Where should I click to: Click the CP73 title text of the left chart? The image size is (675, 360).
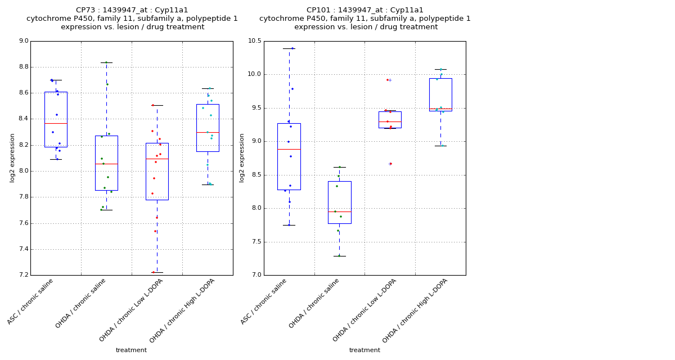point(132,10)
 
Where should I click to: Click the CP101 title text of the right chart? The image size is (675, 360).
point(365,10)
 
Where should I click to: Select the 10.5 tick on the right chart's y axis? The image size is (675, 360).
point(254,41)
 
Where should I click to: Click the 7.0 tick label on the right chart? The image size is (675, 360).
point(256,275)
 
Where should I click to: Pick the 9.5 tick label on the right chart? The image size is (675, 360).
point(256,108)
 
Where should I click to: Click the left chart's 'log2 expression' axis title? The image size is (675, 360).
point(12,157)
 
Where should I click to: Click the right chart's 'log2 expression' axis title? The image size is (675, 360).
point(242,157)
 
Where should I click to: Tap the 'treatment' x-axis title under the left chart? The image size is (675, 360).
point(131,350)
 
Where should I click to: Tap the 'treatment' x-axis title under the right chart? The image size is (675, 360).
point(364,350)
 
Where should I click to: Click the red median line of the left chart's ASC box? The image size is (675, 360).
point(56,123)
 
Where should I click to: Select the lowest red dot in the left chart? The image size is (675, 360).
point(153,272)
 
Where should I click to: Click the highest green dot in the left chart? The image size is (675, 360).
point(106,62)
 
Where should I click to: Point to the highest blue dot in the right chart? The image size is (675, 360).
point(292,48)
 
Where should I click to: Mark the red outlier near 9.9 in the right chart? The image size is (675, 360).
point(388,80)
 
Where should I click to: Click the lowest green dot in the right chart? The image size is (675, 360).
point(339,255)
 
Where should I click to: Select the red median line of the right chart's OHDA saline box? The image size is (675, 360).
point(339,211)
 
